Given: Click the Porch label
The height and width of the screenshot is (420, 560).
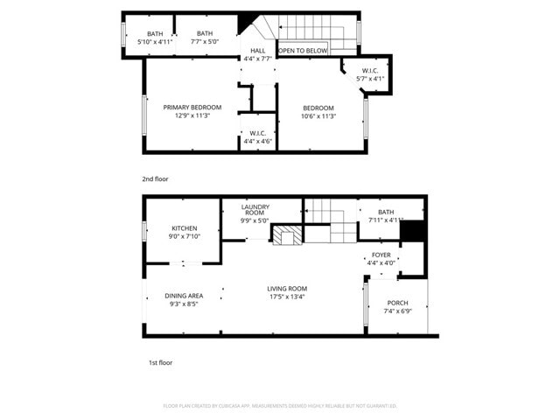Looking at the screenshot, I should point(398,305).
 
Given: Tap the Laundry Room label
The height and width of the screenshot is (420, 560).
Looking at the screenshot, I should point(255,210).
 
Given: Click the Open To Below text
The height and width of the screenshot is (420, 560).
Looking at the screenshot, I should point(304,51).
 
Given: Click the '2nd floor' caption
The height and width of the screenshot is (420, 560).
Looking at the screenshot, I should point(155,178).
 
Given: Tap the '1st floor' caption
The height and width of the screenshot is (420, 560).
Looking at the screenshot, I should point(160,361).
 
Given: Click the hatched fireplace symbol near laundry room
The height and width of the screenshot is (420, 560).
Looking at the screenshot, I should point(286,234).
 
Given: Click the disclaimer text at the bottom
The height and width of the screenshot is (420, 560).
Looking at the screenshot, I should point(280,406).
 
